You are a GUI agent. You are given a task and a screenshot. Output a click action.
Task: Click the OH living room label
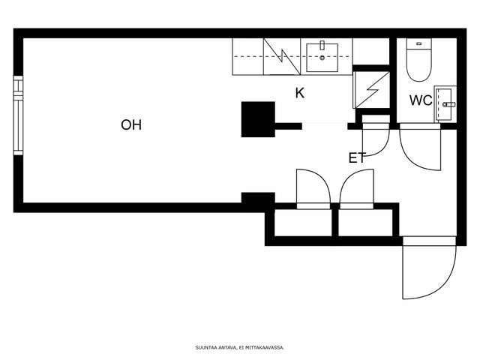[131, 125]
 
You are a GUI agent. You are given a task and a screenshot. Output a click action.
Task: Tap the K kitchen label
[300, 93]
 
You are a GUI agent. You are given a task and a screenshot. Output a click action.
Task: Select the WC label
[421, 100]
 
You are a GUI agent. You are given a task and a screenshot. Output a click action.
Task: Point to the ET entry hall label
[357, 158]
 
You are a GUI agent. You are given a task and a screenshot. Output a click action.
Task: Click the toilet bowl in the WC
[418, 65]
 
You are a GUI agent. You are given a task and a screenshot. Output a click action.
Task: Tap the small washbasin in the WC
[445, 104]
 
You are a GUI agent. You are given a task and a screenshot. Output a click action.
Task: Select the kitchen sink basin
[322, 58]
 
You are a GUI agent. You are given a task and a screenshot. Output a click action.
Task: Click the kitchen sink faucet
[322, 45]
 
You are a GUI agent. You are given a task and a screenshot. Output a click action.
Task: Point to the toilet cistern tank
[418, 43]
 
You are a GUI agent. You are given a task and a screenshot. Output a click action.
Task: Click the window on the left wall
[18, 115]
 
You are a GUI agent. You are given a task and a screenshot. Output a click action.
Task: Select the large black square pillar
[258, 119]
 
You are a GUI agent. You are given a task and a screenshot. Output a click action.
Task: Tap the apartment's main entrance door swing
[429, 268]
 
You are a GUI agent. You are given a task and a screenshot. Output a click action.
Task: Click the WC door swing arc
[420, 147]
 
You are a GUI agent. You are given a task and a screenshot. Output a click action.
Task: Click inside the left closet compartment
[303, 223]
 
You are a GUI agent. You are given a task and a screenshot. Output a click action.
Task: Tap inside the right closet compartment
[365, 223]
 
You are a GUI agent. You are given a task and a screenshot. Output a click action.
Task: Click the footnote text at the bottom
[240, 347]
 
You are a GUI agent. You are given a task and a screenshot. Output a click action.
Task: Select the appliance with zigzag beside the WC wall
[371, 90]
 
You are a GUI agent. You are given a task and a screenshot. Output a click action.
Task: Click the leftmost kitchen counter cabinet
[248, 57]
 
